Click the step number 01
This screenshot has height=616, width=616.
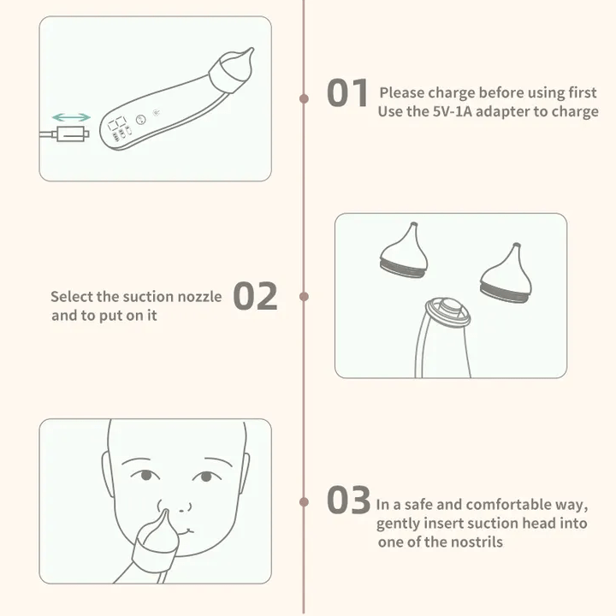click(x=347, y=92)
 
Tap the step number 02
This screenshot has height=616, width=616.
click(x=255, y=296)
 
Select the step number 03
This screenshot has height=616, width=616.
click(x=348, y=500)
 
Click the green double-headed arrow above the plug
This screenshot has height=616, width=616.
click(x=71, y=117)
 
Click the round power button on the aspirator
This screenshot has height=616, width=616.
click(x=140, y=120)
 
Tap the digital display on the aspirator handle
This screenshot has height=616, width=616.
click(x=117, y=123)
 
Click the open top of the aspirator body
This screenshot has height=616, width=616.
click(x=447, y=311)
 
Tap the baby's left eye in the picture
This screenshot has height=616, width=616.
click(x=145, y=475)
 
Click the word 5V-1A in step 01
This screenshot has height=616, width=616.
click(x=453, y=111)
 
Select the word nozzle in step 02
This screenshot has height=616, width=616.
click(x=200, y=297)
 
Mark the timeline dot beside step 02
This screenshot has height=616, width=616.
click(x=304, y=296)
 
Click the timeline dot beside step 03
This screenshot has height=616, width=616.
click(x=304, y=501)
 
